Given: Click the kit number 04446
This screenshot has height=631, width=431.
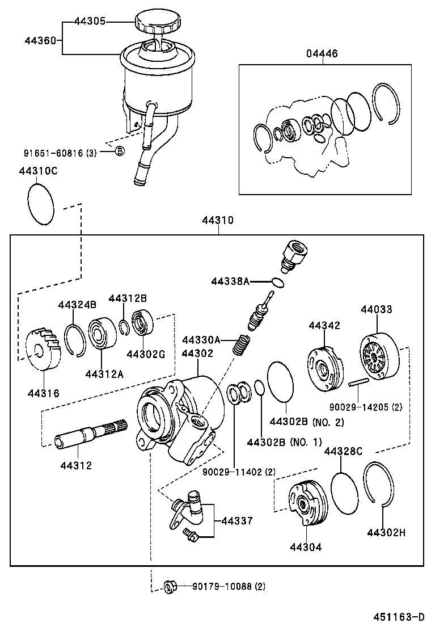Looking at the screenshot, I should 322,54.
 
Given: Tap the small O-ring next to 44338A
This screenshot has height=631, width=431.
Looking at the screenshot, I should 277,282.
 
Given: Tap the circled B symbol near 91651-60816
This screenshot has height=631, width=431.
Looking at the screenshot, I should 119,151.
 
